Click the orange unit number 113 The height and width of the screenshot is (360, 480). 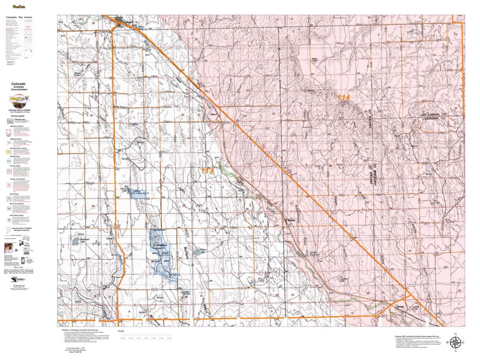(x=207, y=171)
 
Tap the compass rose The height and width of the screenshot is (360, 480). (x=455, y=343)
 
